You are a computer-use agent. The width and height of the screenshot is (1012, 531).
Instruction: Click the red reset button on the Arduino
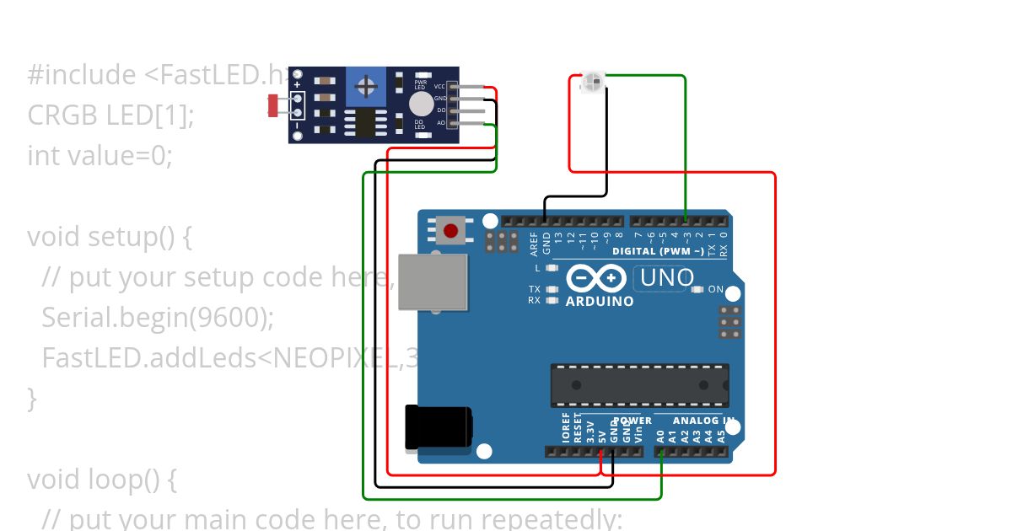click(451, 230)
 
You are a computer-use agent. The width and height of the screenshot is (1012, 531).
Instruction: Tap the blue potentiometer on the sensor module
click(366, 86)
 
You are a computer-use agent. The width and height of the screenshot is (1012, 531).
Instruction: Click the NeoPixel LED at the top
click(592, 82)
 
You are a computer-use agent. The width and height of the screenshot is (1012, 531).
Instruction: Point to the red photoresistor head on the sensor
click(273, 105)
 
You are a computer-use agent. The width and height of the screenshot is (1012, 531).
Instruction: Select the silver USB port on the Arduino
click(433, 281)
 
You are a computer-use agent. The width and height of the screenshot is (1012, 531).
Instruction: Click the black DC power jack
click(437, 427)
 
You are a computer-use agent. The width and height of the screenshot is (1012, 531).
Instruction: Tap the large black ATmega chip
click(639, 385)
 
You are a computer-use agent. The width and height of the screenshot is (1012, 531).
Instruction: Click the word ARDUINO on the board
click(600, 301)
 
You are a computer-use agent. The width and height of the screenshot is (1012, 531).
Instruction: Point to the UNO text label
click(667, 277)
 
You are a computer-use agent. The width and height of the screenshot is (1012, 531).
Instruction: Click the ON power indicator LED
click(697, 289)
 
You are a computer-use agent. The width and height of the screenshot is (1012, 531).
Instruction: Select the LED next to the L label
click(552, 268)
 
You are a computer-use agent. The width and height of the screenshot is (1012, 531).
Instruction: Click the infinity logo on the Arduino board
click(595, 277)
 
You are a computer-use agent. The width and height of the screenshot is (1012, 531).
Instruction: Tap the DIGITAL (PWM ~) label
click(658, 251)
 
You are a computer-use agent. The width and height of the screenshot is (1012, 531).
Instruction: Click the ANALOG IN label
click(702, 420)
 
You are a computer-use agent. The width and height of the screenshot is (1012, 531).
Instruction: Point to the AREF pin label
click(534, 244)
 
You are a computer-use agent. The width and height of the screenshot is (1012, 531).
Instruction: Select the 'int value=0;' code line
click(100, 155)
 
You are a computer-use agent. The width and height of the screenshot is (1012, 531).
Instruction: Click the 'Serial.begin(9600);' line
click(158, 317)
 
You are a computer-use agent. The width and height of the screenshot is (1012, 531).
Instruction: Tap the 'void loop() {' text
click(101, 479)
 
